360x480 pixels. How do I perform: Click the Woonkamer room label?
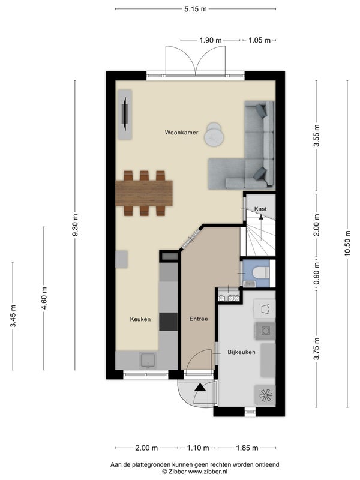(x=181, y=133)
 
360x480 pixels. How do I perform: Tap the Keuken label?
(x=140, y=319)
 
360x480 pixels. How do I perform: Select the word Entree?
(x=199, y=319)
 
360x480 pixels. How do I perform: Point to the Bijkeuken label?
(x=241, y=352)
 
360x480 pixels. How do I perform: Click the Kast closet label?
(x=260, y=209)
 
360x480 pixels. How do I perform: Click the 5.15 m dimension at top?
(x=196, y=9)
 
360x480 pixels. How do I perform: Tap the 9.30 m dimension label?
(x=75, y=224)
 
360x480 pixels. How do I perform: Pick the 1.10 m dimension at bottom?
(x=198, y=448)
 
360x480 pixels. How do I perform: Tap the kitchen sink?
(x=148, y=360)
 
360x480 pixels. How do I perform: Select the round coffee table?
(x=214, y=135)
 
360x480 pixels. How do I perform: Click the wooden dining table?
(x=144, y=193)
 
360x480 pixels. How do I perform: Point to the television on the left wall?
(x=125, y=114)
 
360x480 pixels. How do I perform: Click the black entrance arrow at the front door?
(x=200, y=387)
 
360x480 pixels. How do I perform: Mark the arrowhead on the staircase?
(x=261, y=217)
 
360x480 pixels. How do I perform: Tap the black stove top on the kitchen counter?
(x=169, y=322)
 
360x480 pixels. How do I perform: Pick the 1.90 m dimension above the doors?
(x=211, y=40)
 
